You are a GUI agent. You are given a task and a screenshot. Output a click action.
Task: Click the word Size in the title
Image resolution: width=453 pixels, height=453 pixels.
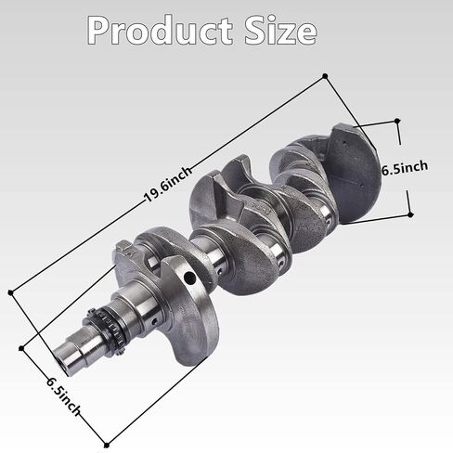pos(280,30)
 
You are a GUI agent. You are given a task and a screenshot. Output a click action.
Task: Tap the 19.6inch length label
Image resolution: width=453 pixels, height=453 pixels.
pos(168,185)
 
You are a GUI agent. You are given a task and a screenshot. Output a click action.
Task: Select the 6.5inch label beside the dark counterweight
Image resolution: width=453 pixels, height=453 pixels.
pos(405,168)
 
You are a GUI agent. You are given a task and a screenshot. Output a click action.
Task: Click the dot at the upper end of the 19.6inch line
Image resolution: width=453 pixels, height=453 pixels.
pos(325,76)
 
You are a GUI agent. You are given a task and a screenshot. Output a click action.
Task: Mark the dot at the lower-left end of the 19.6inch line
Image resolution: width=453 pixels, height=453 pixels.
pos(11,292)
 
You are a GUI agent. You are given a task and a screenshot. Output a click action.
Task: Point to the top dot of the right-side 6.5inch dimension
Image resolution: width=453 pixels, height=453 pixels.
pos(397,121)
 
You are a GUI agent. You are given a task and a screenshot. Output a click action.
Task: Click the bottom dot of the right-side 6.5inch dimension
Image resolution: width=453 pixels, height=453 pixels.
pos(410,214)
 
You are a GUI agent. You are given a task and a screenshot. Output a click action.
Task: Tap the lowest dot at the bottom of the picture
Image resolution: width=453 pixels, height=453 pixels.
pos(107,446)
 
